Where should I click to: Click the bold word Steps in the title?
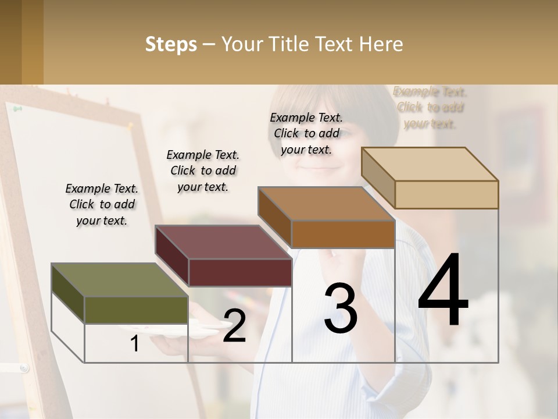pos(171,44)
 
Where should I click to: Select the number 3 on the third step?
pos(341,308)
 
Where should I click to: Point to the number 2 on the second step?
pos(234,325)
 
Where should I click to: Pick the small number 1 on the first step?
pos(134,343)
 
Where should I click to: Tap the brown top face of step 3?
pos(326,204)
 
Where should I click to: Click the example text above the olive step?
pos(102,204)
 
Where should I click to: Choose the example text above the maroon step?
pos(203,171)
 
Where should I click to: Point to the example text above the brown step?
pos(306,133)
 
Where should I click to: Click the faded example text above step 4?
pos(430,108)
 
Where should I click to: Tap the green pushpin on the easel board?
pos(17,108)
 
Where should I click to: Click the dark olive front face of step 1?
pos(136,310)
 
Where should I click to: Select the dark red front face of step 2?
pos(239,272)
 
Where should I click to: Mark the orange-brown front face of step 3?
pos(343,234)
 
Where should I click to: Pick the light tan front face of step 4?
pos(446,194)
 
